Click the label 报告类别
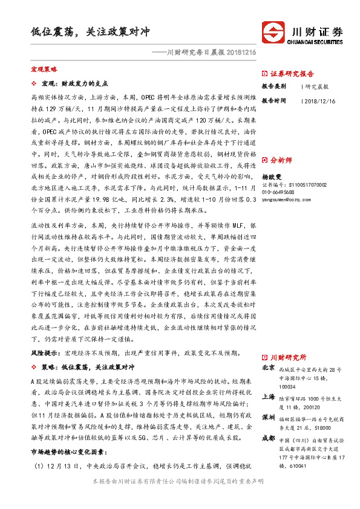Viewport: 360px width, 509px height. click(273, 86)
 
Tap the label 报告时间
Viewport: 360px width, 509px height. click(273, 100)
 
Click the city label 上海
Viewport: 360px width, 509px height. click(269, 397)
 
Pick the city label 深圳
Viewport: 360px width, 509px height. click(269, 417)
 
